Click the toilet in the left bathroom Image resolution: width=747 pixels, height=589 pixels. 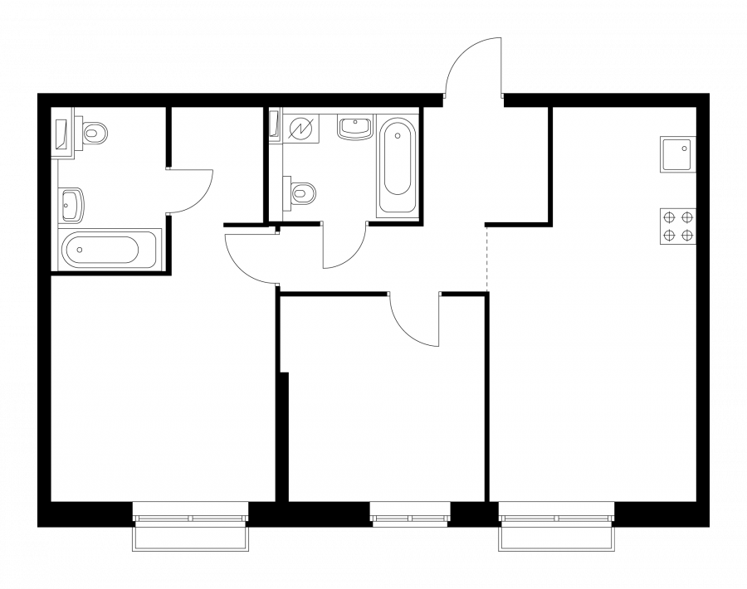[x=95, y=131]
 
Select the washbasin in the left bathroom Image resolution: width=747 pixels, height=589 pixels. [x=71, y=202]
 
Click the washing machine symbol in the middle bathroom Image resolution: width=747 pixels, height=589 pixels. [x=299, y=129]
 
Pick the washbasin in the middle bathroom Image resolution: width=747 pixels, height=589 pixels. [x=355, y=129]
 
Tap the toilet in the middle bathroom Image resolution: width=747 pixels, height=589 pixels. [x=302, y=192]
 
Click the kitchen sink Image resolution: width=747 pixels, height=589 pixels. [x=677, y=154]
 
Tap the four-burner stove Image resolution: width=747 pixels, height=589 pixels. [x=677, y=225]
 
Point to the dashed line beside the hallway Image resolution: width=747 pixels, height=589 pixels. [x=487, y=257]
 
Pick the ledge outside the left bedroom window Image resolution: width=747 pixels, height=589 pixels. [x=191, y=540]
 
